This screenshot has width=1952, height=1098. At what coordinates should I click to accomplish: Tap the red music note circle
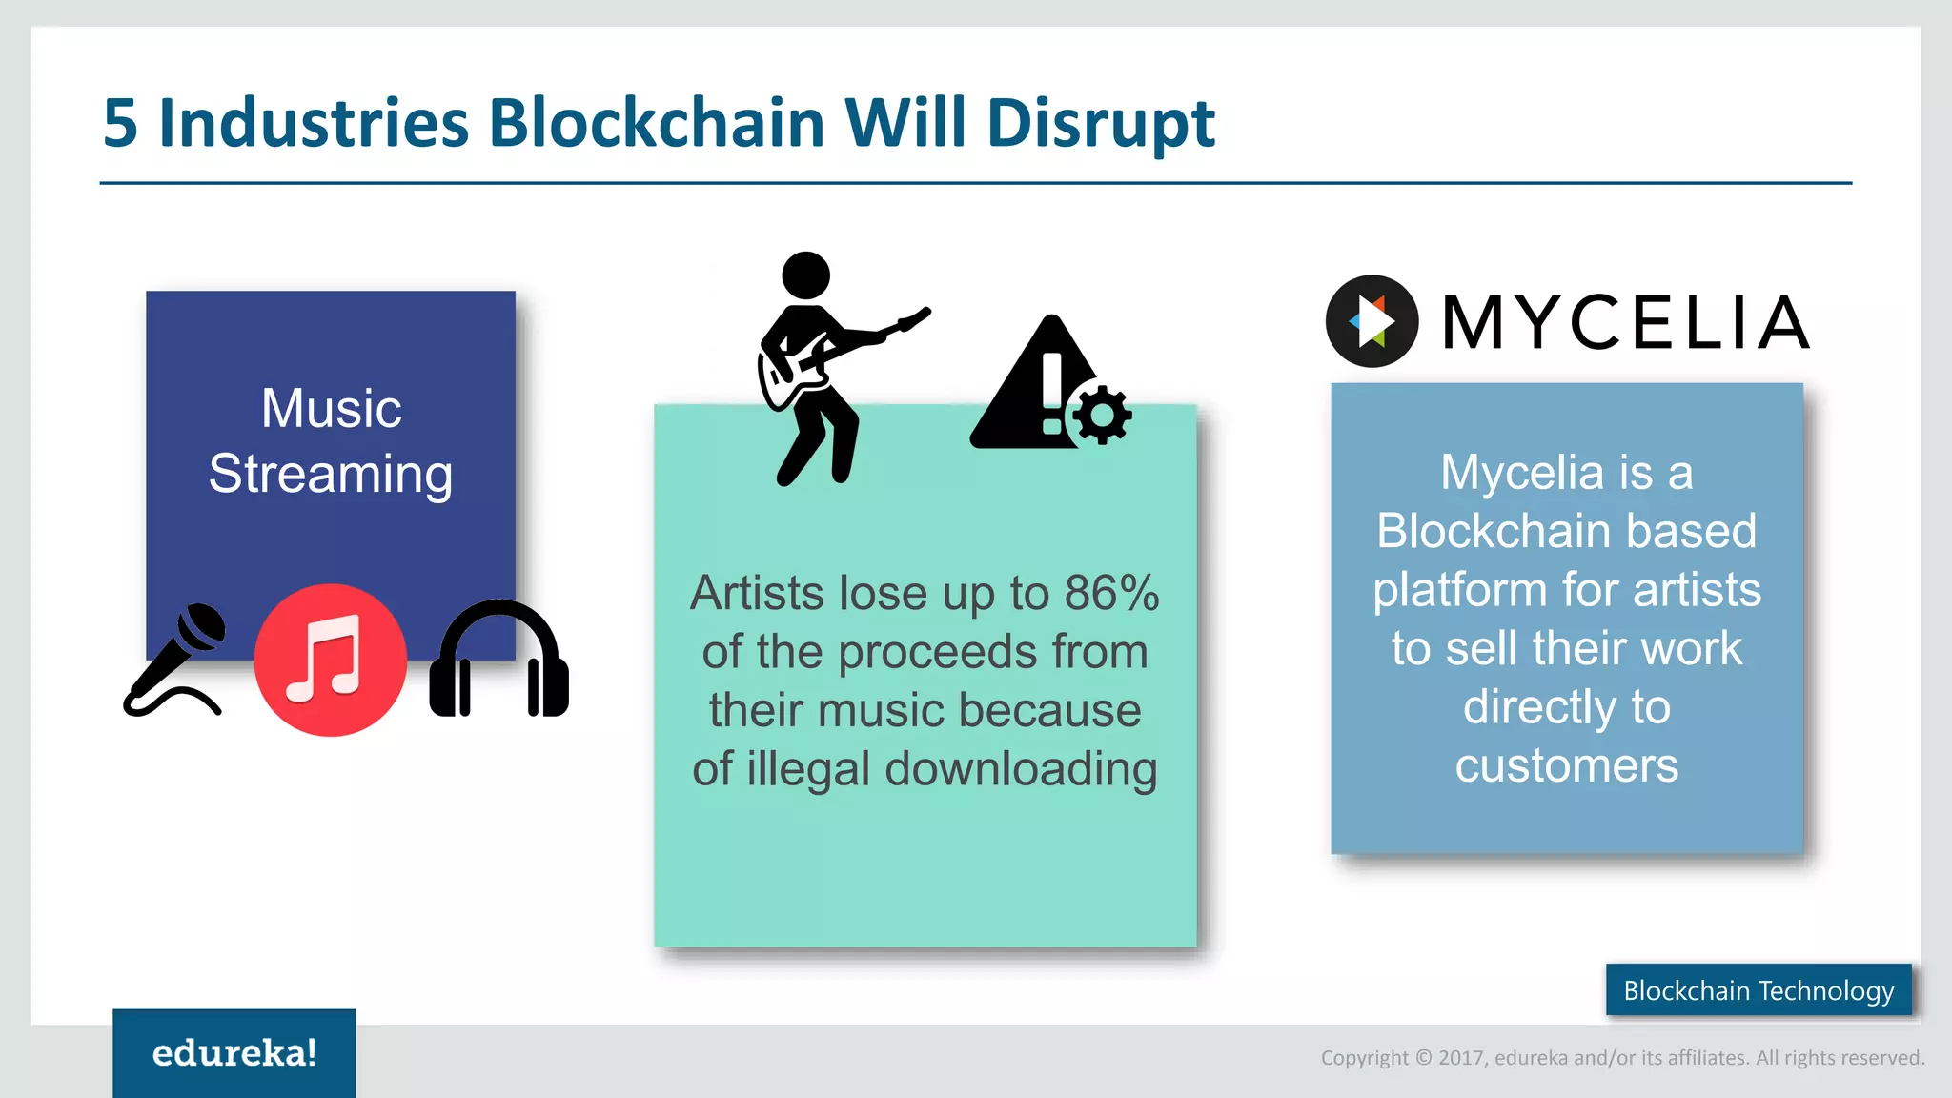point(330,660)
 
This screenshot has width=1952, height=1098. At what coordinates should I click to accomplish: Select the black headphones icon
point(498,660)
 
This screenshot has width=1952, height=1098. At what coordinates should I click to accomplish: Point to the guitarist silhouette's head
point(805,276)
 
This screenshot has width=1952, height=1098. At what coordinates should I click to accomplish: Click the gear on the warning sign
point(1103,415)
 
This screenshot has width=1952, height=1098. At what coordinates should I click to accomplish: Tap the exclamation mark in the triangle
point(1051,391)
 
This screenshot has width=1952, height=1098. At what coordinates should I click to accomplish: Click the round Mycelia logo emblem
point(1372,321)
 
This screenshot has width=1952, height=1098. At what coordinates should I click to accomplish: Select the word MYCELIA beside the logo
point(1625,323)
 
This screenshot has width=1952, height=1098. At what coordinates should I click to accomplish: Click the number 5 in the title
point(120,124)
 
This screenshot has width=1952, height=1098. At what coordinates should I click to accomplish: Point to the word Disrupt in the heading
point(1100,124)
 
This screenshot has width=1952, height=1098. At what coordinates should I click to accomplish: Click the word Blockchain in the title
point(656,124)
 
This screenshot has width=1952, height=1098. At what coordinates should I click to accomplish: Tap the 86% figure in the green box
point(1111,593)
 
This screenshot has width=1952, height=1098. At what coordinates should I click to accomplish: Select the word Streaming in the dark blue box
point(330,474)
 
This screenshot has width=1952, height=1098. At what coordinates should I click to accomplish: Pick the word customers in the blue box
point(1566,766)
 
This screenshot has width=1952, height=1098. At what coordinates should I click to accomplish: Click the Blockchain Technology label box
point(1758,990)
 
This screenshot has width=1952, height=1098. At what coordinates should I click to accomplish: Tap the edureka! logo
point(234,1052)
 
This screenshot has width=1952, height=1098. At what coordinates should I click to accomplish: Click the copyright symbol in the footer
point(1423,1057)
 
